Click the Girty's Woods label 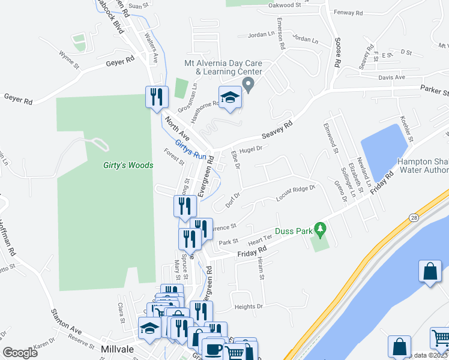[x=127, y=165]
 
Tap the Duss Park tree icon [x=321, y=229]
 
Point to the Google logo [x=20, y=353]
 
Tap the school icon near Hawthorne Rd [x=229, y=97]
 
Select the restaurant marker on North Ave [x=155, y=97]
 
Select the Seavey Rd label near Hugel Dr [x=279, y=128]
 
